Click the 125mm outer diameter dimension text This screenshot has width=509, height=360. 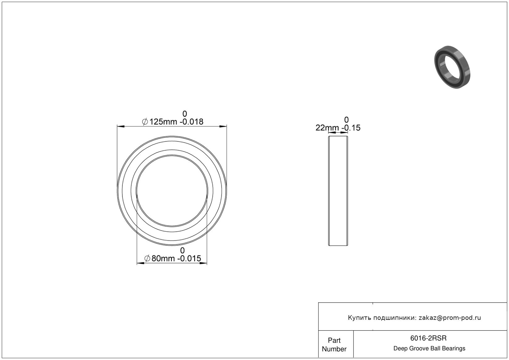[163, 122]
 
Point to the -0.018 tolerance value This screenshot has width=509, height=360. [191, 122]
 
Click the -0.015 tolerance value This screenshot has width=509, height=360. [189, 258]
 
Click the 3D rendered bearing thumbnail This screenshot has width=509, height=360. [452, 67]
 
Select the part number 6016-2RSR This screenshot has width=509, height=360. [428, 338]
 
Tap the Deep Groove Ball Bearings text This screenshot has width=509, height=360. [429, 349]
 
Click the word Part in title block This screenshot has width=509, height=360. [334, 341]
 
